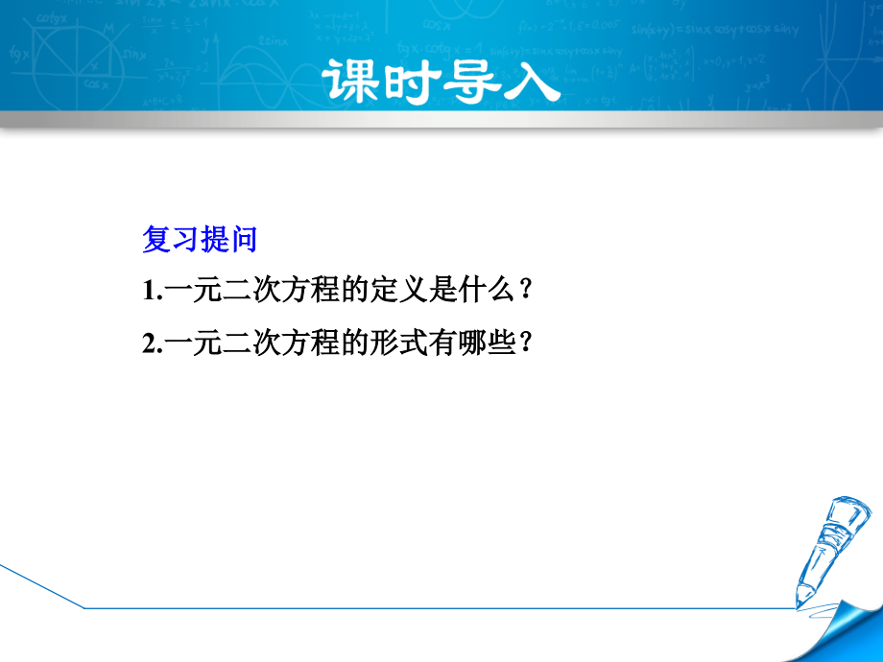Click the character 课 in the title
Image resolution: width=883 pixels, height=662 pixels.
(x=352, y=81)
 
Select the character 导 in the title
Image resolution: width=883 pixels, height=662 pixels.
(x=471, y=81)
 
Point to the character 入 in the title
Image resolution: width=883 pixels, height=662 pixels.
(x=530, y=81)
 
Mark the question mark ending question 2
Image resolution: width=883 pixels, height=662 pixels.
(x=524, y=343)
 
